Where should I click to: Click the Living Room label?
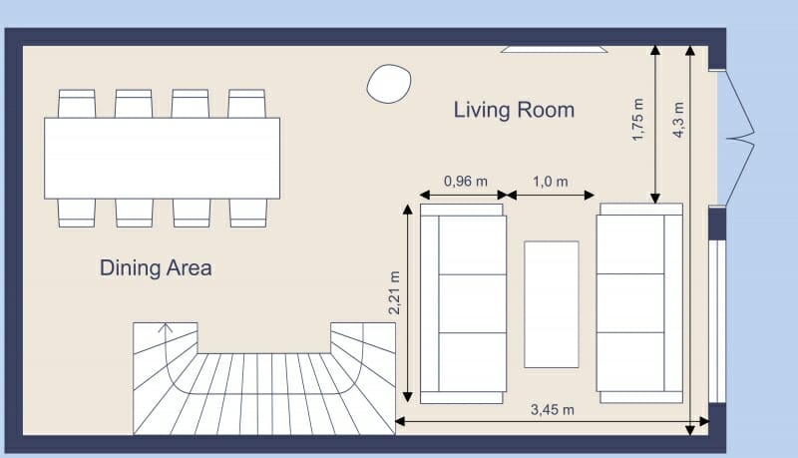coord(514,110)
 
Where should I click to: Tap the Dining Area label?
coord(156,267)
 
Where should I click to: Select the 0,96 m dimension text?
coord(465,181)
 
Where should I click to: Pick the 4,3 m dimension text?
coord(678,121)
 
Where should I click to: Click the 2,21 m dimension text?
coord(394,294)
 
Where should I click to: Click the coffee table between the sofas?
coord(552,304)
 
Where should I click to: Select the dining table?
coord(162,158)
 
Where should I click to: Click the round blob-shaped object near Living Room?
coord(389,83)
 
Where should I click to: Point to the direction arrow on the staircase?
coord(166,327)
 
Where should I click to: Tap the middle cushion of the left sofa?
coord(472,303)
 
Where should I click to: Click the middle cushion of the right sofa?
coord(630,303)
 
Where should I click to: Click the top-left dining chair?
coord(76,104)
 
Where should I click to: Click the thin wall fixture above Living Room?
coord(554,48)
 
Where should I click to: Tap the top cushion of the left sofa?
coord(472,244)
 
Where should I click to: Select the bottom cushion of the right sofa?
coord(630,361)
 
